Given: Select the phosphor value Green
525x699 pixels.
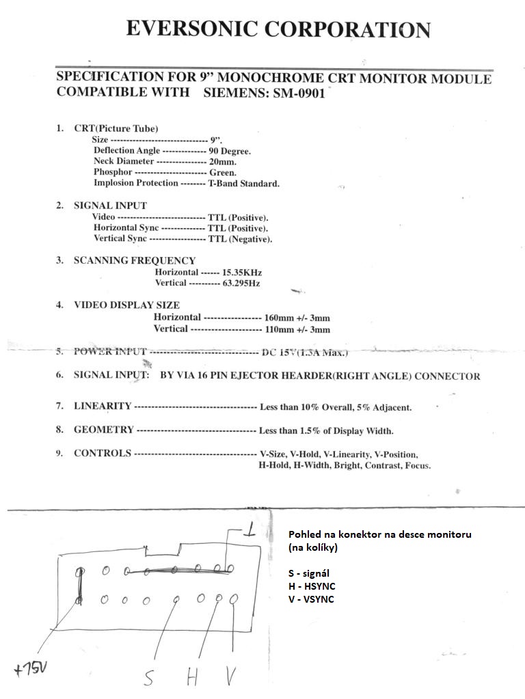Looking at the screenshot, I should click(223, 173).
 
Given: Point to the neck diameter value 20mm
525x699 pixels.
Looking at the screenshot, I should click(223, 162).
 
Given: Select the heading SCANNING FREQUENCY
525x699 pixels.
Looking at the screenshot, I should click(135, 260).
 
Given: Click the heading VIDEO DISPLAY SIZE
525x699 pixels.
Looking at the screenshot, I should click(126, 305).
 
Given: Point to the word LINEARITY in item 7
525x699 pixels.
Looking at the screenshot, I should click(103, 407).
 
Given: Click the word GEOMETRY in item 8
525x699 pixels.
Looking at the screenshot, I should click(104, 430).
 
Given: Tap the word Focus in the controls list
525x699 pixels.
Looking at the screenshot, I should click(417, 465).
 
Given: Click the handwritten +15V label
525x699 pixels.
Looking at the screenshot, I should click(29, 668).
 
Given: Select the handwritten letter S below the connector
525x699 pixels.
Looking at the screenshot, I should click(148, 678).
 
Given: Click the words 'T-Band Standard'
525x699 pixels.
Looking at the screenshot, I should click(244, 184).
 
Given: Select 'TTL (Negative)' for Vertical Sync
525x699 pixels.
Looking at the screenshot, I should click(240, 239).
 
